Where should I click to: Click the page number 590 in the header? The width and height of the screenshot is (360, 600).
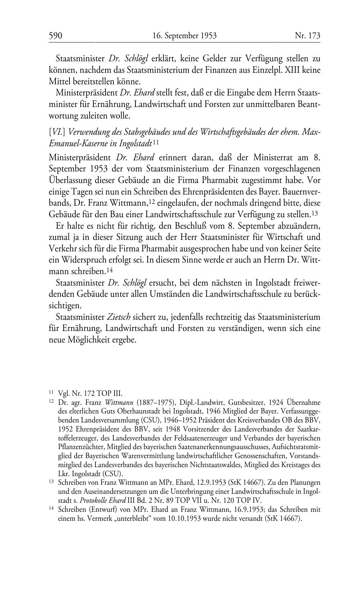[x=56, y=36]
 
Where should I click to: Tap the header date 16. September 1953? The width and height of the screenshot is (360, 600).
[x=184, y=36]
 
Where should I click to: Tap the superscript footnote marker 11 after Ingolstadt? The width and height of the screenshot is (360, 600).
[x=156, y=142]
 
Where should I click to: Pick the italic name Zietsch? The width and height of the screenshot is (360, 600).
[x=119, y=317]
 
